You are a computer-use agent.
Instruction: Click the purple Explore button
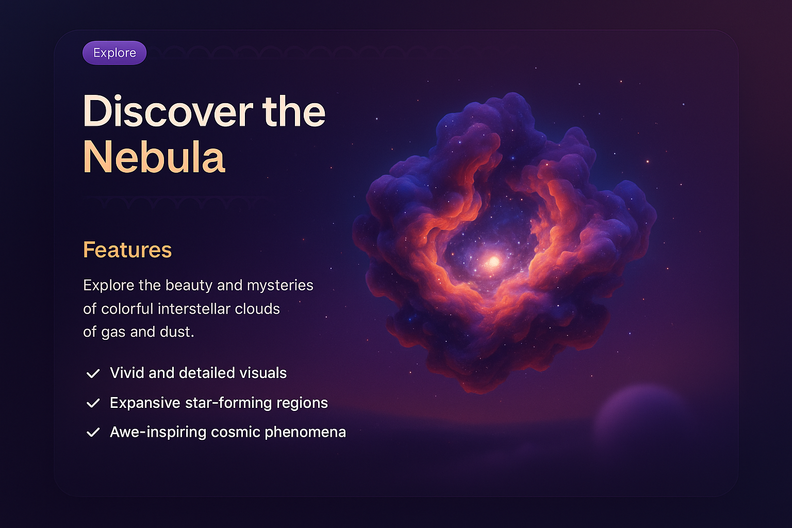click(114, 53)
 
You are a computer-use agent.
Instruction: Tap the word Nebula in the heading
click(154, 157)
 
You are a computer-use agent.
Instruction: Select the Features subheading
click(127, 250)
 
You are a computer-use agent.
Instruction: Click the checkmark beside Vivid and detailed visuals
click(93, 373)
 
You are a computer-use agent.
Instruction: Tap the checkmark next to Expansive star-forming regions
click(93, 403)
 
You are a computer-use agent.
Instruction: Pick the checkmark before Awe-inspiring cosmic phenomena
click(93, 433)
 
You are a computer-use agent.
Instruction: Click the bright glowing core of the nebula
click(493, 261)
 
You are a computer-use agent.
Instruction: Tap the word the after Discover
click(294, 111)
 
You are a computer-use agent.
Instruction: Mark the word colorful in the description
click(127, 309)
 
